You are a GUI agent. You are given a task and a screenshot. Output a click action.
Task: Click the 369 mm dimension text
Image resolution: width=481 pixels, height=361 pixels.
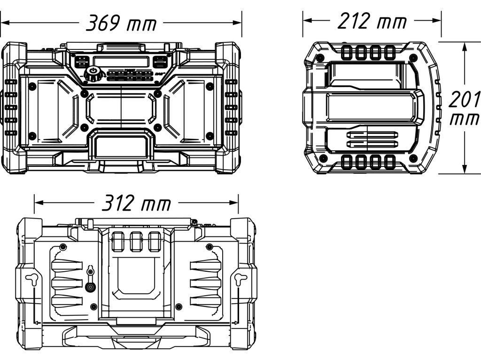[121, 23]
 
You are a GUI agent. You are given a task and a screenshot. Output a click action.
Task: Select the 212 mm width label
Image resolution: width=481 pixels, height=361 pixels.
[372, 21]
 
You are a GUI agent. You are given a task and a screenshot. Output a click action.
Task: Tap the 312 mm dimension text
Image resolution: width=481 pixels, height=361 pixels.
[136, 204]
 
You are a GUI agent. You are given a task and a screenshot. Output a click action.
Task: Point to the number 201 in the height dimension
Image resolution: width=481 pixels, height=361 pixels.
[464, 100]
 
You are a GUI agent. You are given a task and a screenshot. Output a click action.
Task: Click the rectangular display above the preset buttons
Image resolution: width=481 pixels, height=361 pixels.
[121, 62]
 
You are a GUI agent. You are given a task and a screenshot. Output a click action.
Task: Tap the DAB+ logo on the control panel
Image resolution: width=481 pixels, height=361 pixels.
[159, 74]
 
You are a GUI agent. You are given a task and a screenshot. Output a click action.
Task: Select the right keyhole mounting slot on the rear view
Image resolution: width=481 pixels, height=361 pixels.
[239, 279]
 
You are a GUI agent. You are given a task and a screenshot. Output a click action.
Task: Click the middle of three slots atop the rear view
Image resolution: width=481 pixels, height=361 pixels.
[136, 241]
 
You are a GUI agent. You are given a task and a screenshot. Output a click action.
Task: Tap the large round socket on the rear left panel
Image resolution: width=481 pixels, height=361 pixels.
[90, 287]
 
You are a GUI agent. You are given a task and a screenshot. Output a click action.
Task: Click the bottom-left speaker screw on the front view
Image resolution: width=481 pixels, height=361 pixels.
[32, 136]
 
